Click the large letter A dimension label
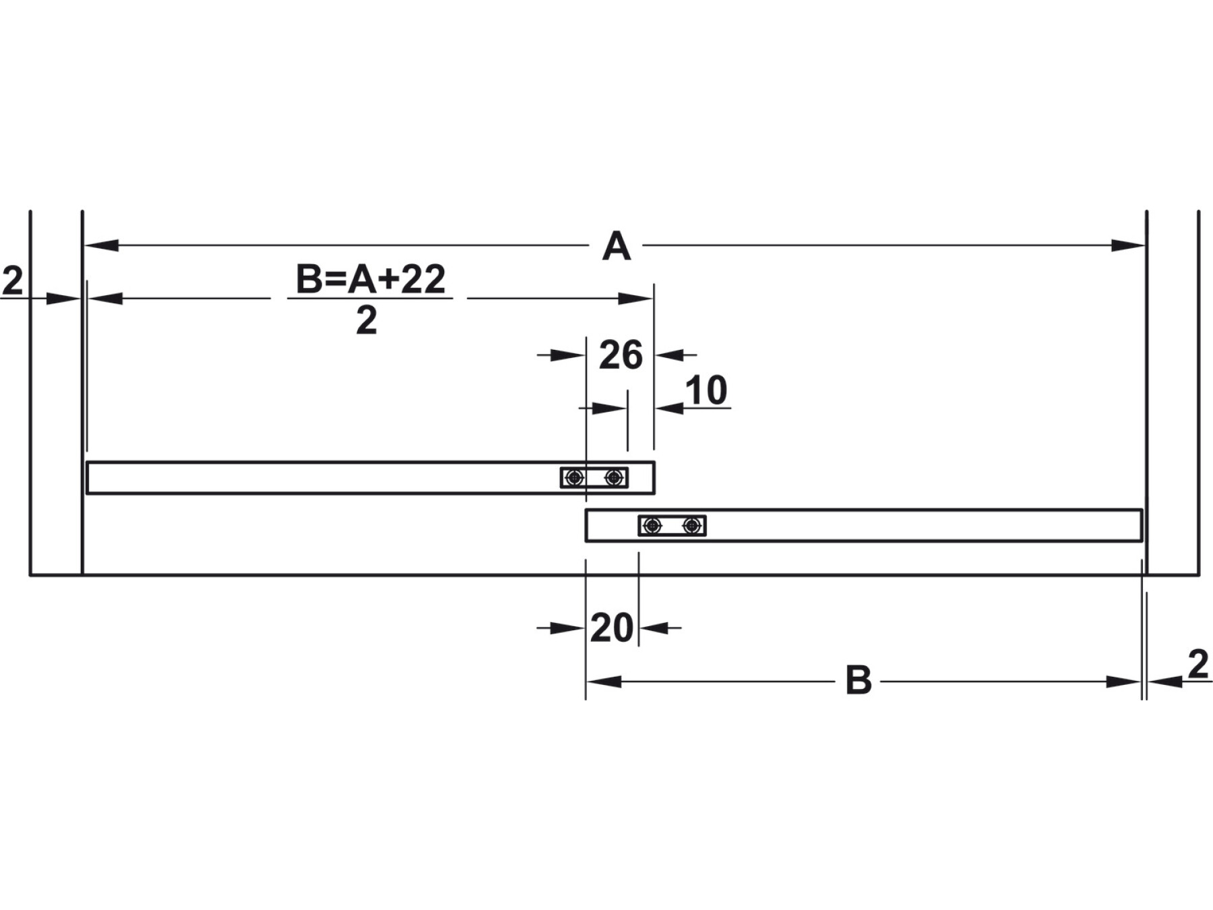point(616,246)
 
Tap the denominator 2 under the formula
point(367,321)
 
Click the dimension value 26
point(621,355)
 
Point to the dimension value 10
point(706,390)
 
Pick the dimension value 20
point(612,628)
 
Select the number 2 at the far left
point(12,281)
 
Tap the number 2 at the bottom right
point(1198,665)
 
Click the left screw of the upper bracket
point(574,478)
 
